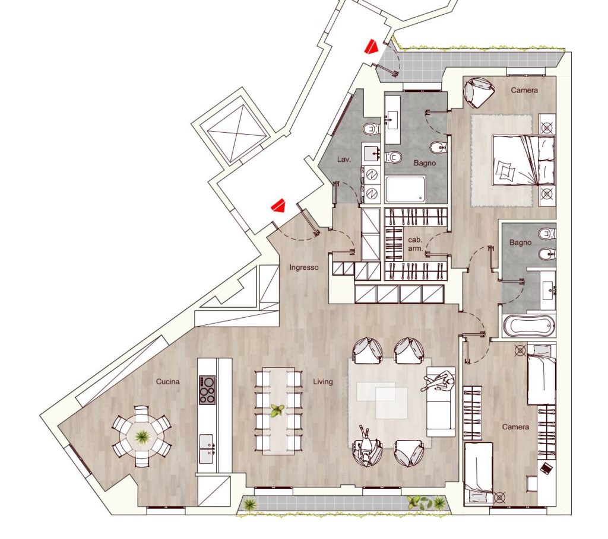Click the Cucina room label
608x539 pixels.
click(x=167, y=381)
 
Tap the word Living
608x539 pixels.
click(x=322, y=382)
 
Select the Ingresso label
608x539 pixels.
click(x=304, y=267)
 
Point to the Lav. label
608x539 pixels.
click(x=344, y=159)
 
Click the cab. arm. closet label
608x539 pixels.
click(x=415, y=244)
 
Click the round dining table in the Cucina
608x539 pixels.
click(x=141, y=436)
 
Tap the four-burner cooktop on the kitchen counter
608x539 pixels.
click(x=207, y=390)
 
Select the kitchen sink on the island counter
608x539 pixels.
click(x=207, y=448)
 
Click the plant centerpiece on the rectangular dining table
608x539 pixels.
click(x=277, y=410)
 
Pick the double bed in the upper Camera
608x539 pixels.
click(x=524, y=160)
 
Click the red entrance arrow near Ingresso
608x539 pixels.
click(x=278, y=205)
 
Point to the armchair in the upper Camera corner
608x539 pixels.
click(x=479, y=93)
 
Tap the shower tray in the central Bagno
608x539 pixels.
click(x=405, y=189)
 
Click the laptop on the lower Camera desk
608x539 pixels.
click(x=546, y=468)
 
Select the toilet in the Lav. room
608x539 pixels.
click(x=372, y=128)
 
